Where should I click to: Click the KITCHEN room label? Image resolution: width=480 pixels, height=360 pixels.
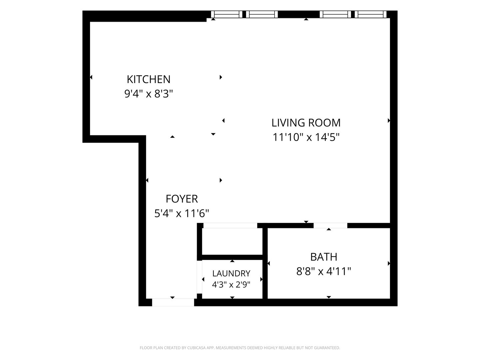[x=148, y=79]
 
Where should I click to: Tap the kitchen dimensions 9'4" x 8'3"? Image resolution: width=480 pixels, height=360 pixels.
[x=148, y=94]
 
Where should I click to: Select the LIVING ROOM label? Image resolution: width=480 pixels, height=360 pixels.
[x=306, y=123]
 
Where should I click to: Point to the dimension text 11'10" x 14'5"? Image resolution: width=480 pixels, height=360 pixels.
[x=306, y=137]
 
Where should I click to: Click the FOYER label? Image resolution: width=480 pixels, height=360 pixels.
[x=182, y=199]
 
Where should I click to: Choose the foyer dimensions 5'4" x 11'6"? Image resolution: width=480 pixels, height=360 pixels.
[x=182, y=213]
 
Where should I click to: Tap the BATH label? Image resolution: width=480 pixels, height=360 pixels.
[x=324, y=257]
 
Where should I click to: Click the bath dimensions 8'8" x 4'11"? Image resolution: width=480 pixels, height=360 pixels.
[x=324, y=272]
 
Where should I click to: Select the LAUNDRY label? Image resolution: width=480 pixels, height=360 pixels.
[x=231, y=273]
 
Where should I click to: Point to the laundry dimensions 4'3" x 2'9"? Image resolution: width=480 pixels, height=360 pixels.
[x=231, y=285]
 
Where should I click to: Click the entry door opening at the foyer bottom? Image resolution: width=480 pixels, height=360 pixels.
[x=173, y=302]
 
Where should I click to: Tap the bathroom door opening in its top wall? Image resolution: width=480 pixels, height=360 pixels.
[x=330, y=225]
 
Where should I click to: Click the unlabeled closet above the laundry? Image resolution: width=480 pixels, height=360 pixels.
[x=232, y=241]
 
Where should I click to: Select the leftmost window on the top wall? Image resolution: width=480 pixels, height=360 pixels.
[x=227, y=14]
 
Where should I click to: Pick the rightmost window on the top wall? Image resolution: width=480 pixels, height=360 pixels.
[x=370, y=14]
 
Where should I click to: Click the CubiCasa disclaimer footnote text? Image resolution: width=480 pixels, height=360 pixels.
[x=240, y=348]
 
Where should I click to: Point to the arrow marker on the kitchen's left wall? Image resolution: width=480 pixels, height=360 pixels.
[x=91, y=77]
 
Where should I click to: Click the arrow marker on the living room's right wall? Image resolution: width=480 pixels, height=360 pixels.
[x=389, y=120]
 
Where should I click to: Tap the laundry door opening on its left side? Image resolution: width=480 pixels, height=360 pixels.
[x=199, y=277]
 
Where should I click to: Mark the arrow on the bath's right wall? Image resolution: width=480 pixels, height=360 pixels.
[x=389, y=263]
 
